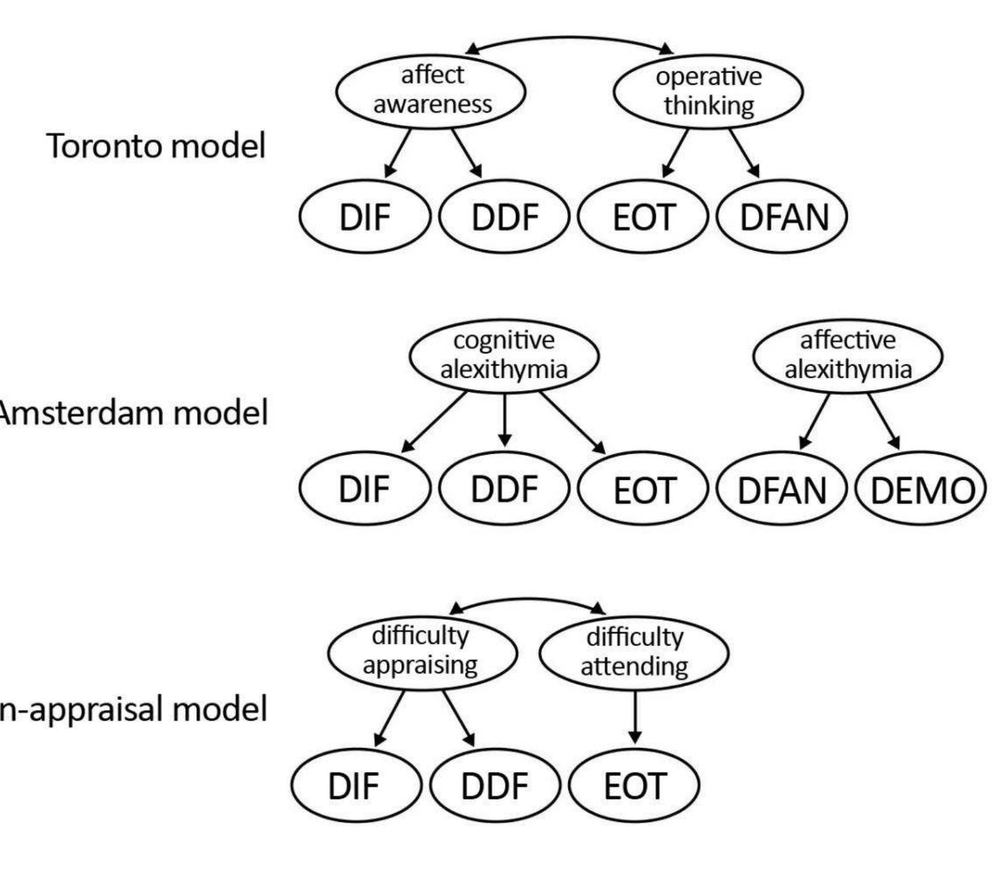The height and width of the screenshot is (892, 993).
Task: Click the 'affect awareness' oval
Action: click(x=430, y=91)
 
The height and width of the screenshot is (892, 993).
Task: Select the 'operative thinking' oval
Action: click(x=707, y=92)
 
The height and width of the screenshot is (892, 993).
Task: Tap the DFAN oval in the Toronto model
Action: click(x=782, y=217)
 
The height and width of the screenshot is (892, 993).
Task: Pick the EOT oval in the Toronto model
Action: click(x=643, y=217)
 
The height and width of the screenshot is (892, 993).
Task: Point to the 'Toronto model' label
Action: click(x=156, y=146)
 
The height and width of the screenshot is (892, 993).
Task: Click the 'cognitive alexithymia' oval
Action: click(x=504, y=356)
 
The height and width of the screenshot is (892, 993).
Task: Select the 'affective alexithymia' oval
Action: click(x=847, y=356)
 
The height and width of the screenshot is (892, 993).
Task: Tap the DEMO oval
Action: click(x=922, y=490)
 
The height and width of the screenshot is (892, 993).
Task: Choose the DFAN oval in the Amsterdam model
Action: click(x=782, y=490)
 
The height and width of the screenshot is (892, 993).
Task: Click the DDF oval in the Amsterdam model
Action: click(x=504, y=488)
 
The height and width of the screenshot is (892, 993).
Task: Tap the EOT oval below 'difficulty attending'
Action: click(x=634, y=786)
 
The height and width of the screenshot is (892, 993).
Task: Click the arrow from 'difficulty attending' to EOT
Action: click(x=635, y=717)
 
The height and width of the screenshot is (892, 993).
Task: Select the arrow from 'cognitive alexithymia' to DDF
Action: click(x=504, y=420)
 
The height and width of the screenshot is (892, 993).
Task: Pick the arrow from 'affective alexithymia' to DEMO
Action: click(x=884, y=421)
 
